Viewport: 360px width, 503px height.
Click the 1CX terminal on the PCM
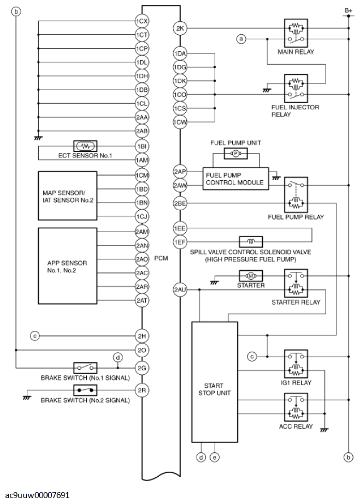click(x=142, y=21)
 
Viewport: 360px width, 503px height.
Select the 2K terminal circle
click(x=180, y=28)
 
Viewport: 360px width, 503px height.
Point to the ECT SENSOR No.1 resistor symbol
click(x=86, y=146)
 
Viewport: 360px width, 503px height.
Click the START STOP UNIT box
click(x=215, y=382)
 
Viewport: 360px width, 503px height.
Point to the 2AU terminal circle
click(x=180, y=289)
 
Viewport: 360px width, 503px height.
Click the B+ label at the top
click(x=348, y=10)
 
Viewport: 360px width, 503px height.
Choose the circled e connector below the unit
click(x=215, y=457)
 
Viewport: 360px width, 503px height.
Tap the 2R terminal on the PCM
click(x=142, y=390)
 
